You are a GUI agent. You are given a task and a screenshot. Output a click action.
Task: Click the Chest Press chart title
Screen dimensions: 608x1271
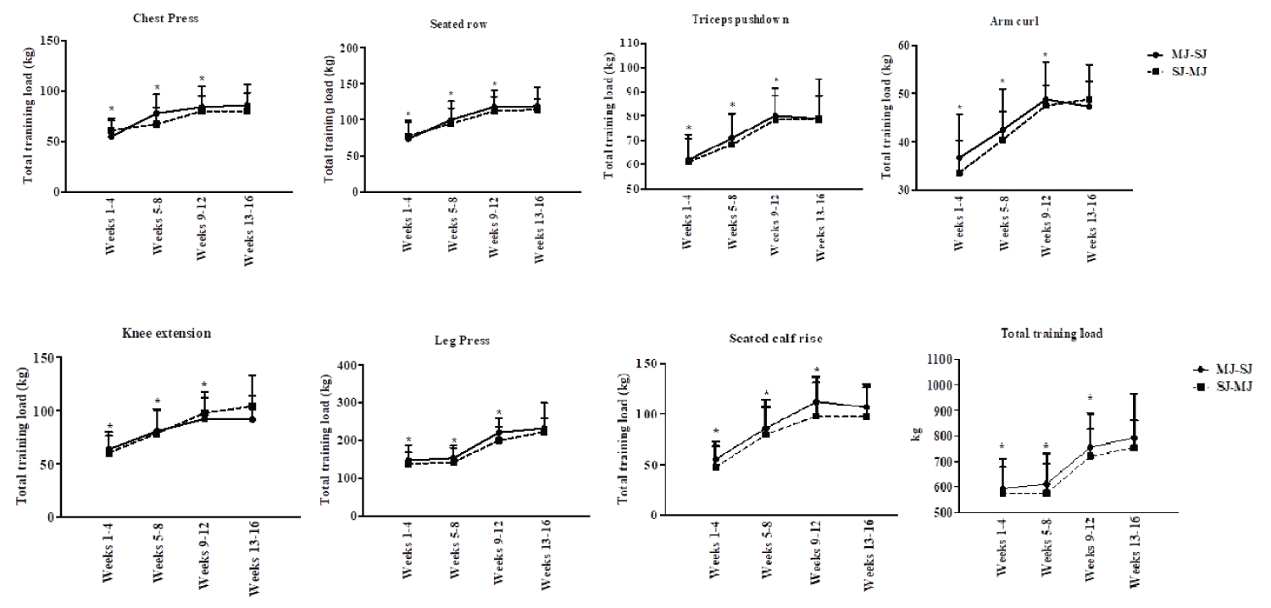[165, 18]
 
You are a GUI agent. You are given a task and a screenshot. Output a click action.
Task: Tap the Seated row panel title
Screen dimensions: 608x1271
[458, 25]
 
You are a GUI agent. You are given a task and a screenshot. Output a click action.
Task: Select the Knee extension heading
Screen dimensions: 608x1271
[166, 333]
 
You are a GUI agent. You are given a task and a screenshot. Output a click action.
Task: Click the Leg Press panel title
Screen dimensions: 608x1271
[463, 340]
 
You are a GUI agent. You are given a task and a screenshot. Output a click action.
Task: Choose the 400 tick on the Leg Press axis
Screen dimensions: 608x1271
[343, 365]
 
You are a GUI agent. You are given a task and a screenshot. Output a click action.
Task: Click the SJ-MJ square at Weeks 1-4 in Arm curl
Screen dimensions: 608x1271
[960, 173]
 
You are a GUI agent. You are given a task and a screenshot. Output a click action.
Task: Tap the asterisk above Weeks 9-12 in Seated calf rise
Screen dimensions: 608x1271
[816, 370]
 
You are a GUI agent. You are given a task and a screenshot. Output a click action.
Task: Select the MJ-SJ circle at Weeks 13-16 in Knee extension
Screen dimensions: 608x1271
[252, 419]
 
